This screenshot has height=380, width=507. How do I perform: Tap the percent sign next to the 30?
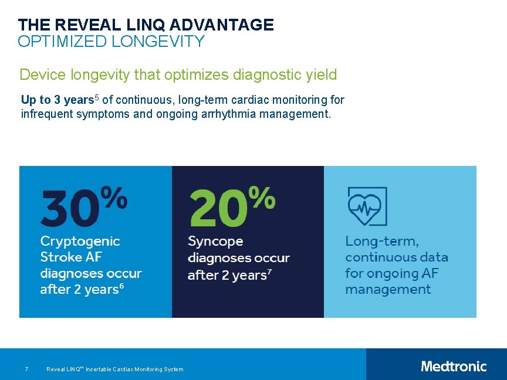coord(114,198)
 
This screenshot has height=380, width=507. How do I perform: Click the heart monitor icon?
coord(367,206)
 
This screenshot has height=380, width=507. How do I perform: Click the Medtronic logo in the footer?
coord(454,367)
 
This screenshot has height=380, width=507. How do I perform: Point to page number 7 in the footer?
coord(26,369)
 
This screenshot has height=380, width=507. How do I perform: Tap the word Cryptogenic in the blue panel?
coord(80,241)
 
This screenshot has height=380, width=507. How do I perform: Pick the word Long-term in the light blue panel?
coord(382,241)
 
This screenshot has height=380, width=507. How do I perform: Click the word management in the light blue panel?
coord(388,289)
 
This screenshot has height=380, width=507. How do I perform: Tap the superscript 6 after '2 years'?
coord(121,286)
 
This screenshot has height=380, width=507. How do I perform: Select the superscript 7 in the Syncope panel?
coord(269,272)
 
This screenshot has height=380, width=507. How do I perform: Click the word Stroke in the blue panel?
coord(58,257)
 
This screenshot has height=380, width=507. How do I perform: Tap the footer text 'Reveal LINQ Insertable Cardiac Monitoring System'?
coord(114,369)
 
